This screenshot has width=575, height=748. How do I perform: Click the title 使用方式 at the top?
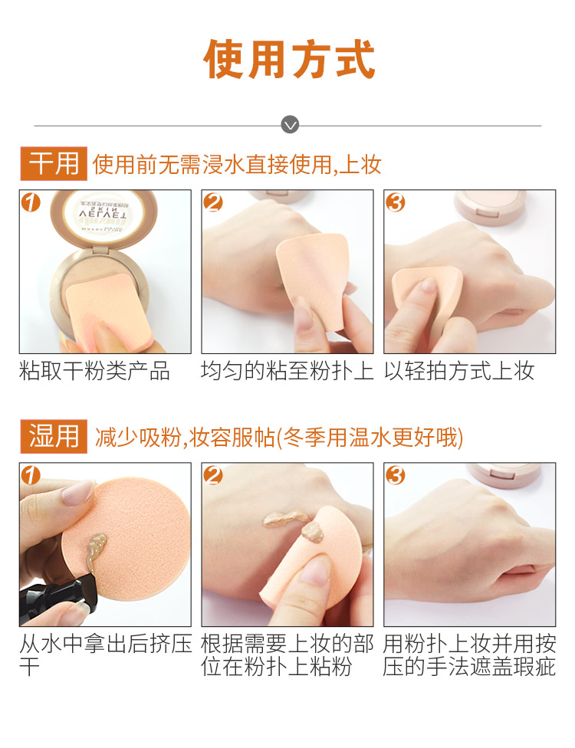289,59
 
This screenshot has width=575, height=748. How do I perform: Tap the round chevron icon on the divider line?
290,125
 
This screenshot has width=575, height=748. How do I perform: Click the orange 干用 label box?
54,164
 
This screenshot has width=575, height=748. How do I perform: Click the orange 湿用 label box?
54,436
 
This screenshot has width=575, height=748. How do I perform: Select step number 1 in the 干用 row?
31,202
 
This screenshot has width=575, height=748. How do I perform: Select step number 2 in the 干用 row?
213,202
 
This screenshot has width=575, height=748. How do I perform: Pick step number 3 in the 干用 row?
395,202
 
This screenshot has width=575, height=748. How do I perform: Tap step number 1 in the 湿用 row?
31,475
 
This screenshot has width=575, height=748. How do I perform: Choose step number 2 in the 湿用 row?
213,475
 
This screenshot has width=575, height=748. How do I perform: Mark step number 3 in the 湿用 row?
395,475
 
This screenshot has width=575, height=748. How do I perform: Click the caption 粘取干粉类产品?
94,371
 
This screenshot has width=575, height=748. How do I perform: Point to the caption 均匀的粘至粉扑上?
287,371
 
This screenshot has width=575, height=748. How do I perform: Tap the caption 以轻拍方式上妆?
459,371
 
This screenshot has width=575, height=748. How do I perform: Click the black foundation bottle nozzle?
58,595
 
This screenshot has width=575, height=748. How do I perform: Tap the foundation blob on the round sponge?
95,549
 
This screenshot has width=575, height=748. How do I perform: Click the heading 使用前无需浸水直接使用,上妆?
237,165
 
